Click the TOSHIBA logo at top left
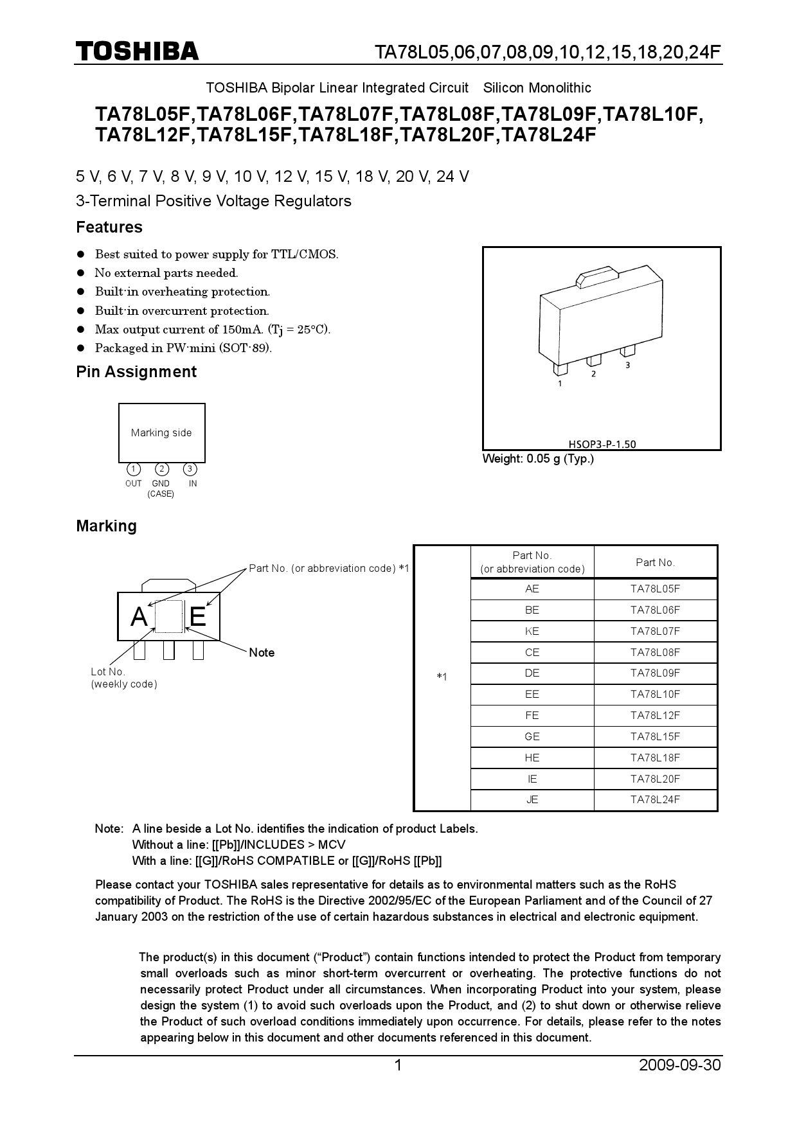(138, 51)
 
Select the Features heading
(109, 227)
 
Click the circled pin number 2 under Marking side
(162, 469)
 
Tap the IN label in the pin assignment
(193, 484)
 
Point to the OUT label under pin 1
(134, 484)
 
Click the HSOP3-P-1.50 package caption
(602, 444)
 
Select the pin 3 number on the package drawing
(627, 365)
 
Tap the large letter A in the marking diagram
(139, 617)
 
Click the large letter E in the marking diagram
(198, 617)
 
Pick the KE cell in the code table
(532, 631)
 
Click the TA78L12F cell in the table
(655, 715)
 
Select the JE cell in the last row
(532, 800)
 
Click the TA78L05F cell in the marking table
(655, 589)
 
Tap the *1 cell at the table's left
(442, 677)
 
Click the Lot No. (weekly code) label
(123, 678)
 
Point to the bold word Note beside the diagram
(262, 653)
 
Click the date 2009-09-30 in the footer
(680, 1065)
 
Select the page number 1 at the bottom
(397, 1065)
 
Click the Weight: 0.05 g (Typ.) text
(538, 459)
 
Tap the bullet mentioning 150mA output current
(212, 330)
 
